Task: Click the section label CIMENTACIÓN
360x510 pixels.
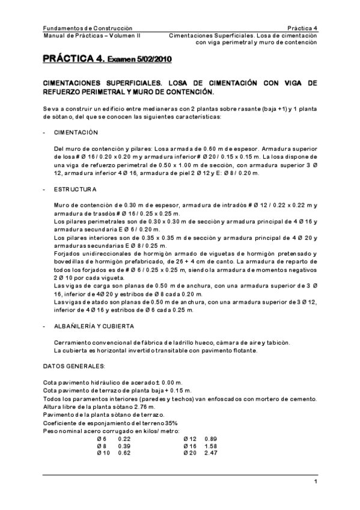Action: pyautogui.click(x=76, y=133)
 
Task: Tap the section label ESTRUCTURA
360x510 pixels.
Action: pyautogui.click(x=75, y=189)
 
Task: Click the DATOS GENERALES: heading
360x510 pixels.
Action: pyautogui.click(x=75, y=366)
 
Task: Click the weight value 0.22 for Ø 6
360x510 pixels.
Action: pyautogui.click(x=124, y=438)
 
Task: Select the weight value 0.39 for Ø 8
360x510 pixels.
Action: pyautogui.click(x=124, y=446)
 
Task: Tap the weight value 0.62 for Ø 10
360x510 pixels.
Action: pyautogui.click(x=124, y=453)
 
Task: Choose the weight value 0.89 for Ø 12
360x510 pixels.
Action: pyautogui.click(x=211, y=438)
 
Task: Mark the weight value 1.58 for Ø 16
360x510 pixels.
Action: pyautogui.click(x=211, y=446)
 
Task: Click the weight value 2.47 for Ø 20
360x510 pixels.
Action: pyautogui.click(x=211, y=453)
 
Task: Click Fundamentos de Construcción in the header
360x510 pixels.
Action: pyautogui.click(x=88, y=28)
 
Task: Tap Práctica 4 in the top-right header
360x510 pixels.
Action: pyautogui.click(x=302, y=28)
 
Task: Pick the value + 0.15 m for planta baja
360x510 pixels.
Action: pyautogui.click(x=178, y=391)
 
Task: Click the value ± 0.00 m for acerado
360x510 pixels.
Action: pyautogui.click(x=169, y=382)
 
